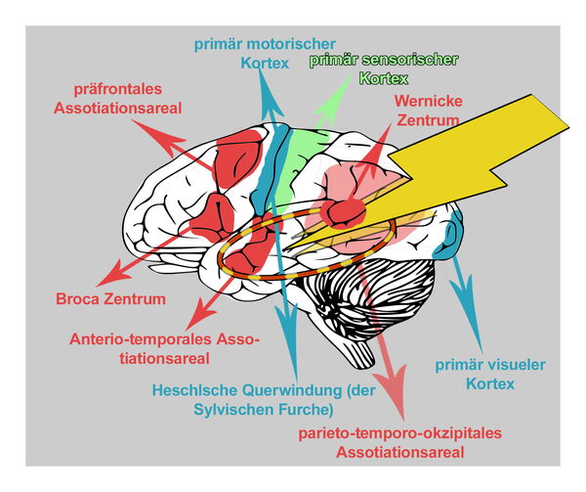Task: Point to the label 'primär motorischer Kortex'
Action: (x=265, y=53)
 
